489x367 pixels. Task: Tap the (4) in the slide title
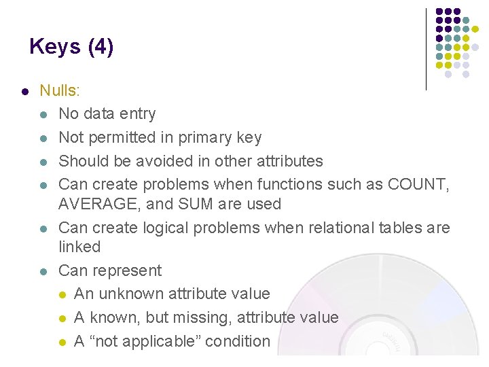[x=101, y=47]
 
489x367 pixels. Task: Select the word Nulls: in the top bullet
[x=60, y=90]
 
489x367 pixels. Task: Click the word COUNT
[x=416, y=185]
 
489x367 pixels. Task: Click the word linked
[x=79, y=247]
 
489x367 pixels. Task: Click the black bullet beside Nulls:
[x=24, y=91]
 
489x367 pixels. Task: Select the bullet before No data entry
[x=44, y=115]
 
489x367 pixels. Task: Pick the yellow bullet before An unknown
[x=62, y=295]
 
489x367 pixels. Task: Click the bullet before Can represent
[x=44, y=271]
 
